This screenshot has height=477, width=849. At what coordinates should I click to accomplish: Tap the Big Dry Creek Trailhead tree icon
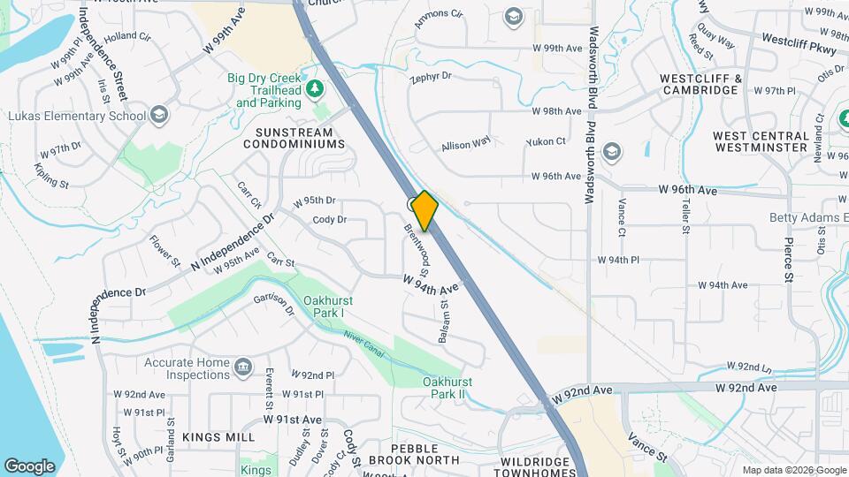coord(314,88)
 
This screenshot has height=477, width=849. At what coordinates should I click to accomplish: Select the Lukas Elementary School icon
coord(158,114)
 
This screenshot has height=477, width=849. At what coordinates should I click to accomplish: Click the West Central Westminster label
coord(760,141)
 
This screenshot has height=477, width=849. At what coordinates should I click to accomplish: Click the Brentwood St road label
coord(417,244)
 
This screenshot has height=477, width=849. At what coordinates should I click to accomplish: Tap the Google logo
coord(29,466)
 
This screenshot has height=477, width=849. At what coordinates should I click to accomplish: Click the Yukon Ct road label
coord(545,141)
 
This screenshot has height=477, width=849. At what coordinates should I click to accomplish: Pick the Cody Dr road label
coord(329,219)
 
